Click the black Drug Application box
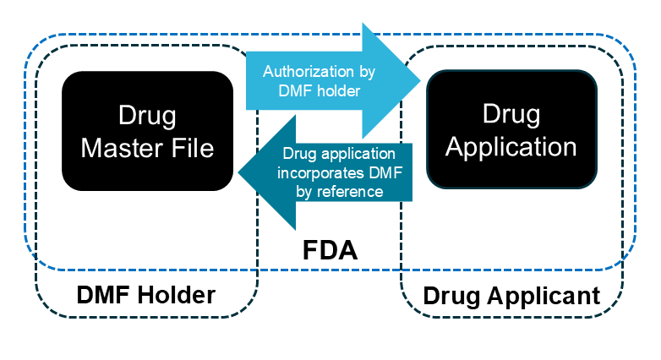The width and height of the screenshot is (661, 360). [x=511, y=129]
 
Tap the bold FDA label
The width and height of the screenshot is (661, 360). [x=330, y=251]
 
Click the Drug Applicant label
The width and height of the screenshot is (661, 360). [x=511, y=297]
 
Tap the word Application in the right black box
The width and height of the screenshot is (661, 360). [x=511, y=146]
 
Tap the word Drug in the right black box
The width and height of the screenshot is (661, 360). [x=511, y=113]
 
